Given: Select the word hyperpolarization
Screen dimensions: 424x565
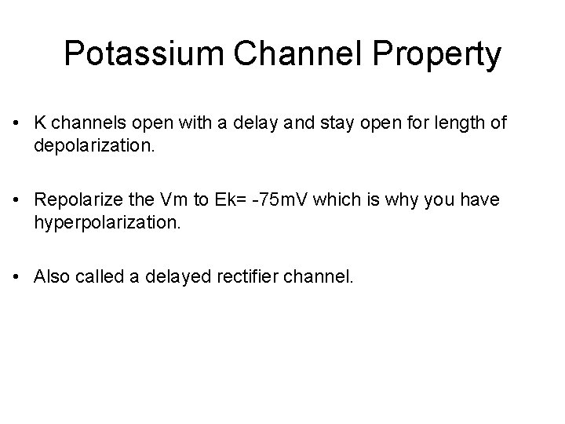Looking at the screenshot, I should (x=108, y=224).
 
